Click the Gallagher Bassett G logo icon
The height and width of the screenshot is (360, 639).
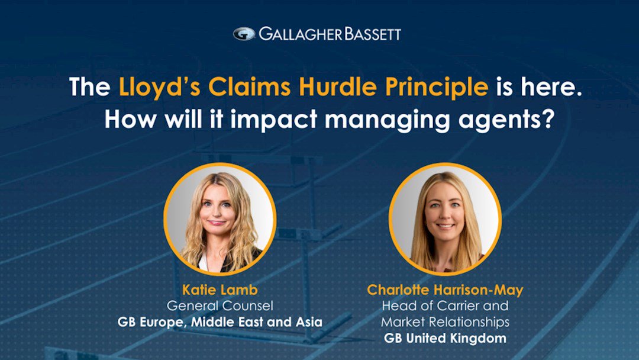[244, 34]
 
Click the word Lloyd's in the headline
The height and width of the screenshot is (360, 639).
[159, 87]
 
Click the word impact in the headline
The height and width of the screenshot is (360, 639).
[273, 119]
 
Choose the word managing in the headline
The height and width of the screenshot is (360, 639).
[387, 120]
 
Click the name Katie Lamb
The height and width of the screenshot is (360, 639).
[220, 290]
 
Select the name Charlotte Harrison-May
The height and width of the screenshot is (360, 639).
[445, 290]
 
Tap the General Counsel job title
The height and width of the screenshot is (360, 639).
[220, 306]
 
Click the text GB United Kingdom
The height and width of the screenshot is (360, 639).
[445, 339]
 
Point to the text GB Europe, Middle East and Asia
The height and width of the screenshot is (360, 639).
[220, 322]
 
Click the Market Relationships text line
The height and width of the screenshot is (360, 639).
[445, 322]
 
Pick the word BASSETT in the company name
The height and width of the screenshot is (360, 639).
[373, 34]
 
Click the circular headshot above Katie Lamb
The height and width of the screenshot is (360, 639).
[220, 219]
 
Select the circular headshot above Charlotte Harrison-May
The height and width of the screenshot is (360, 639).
[445, 219]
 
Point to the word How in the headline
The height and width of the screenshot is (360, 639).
[131, 119]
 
